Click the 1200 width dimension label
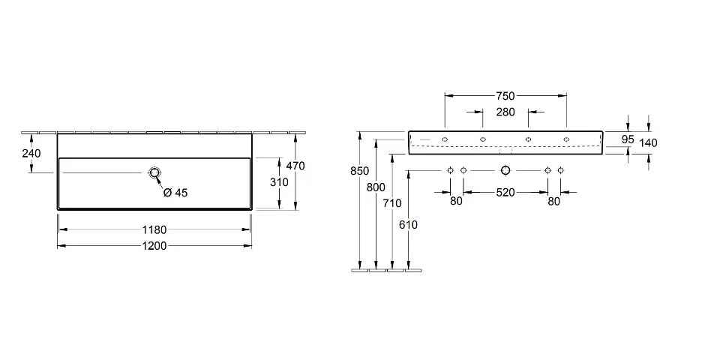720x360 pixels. [x=154, y=245]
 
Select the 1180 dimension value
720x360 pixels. [x=154, y=229]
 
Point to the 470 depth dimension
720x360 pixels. [x=295, y=166]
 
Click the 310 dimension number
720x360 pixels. [x=278, y=182]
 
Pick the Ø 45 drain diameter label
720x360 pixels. [x=175, y=193]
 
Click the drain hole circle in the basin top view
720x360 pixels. [x=155, y=172]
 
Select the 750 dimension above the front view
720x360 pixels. [x=505, y=96]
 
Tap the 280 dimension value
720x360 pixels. [x=505, y=112]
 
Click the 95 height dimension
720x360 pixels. [x=628, y=139]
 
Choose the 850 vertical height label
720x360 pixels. [x=360, y=171]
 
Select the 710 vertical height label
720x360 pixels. [x=391, y=202]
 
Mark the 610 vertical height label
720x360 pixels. [x=408, y=224]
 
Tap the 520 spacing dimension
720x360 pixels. [x=505, y=193]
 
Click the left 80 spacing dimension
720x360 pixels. [x=456, y=200]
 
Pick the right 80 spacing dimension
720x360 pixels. [x=554, y=200]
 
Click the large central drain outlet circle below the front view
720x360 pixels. [x=505, y=171]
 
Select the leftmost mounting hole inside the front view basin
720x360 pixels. [x=445, y=139]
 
